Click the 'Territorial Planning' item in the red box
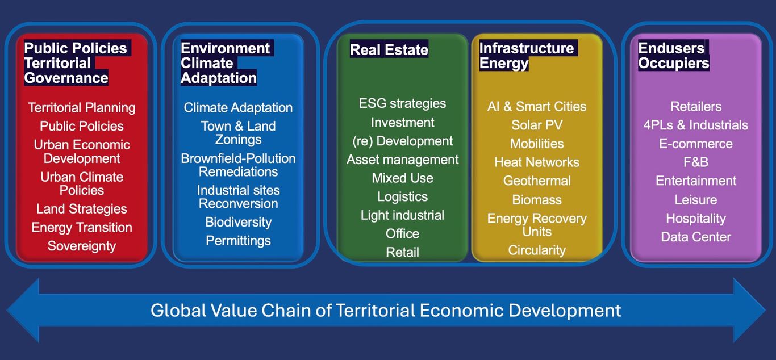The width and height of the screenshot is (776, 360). click(82, 108)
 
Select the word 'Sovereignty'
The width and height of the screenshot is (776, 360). click(82, 246)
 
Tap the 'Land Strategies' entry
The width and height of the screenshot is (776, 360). click(82, 209)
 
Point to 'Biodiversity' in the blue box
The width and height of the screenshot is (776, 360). click(239, 222)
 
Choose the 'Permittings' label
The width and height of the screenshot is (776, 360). click(239, 241)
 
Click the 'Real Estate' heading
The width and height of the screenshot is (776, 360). click(389, 49)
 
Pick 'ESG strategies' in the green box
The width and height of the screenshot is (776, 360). click(403, 103)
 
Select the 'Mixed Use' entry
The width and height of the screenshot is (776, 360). click(403, 178)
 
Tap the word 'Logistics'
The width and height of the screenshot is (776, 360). click(403, 197)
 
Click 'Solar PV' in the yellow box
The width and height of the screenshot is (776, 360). click(537, 125)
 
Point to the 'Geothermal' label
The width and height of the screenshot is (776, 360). click(537, 181)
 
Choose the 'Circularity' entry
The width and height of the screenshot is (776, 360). click(537, 250)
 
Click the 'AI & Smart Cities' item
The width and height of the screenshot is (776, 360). click(537, 107)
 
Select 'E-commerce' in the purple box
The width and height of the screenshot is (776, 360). click(696, 144)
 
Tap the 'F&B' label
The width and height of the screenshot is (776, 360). click(696, 162)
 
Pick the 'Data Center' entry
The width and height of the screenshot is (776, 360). click(696, 237)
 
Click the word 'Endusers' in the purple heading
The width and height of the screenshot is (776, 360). click(671, 48)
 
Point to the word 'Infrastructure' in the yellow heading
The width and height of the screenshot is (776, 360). click(527, 48)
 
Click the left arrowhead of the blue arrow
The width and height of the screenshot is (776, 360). click(23, 310)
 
